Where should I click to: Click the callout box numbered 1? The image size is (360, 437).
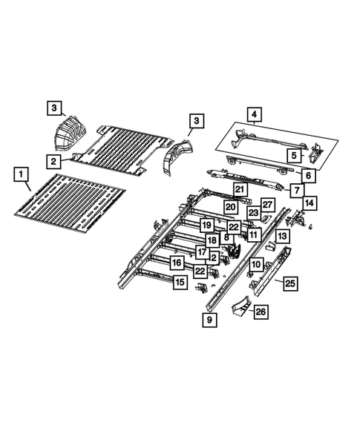[x=22, y=175]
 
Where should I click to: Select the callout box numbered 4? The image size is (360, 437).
[x=255, y=114]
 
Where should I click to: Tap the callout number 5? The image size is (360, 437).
[x=294, y=155]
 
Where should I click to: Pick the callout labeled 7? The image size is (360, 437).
[x=295, y=190]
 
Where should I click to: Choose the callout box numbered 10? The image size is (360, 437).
[x=255, y=264]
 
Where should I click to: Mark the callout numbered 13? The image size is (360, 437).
[x=282, y=236]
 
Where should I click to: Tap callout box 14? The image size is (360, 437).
[x=310, y=202]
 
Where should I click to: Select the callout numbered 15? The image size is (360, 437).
[x=180, y=282]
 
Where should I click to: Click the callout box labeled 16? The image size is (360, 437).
[x=176, y=263]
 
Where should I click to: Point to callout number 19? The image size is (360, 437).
[x=206, y=225]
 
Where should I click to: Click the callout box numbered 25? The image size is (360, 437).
[x=290, y=283]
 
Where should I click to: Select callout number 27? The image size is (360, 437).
[x=268, y=205]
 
